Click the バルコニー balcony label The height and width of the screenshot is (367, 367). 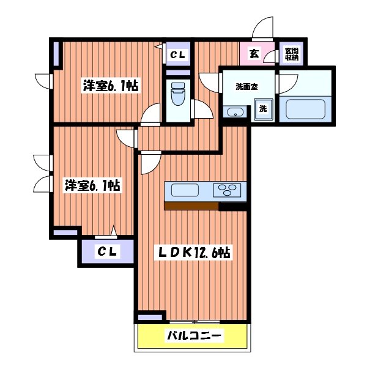click(x=193, y=336)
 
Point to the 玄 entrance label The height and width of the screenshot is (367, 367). click(x=253, y=54)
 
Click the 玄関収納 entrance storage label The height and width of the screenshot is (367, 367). click(x=291, y=54)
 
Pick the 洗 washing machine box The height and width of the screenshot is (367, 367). click(x=262, y=109)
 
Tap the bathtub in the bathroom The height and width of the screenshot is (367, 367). click(x=305, y=109)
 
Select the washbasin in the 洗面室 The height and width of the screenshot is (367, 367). click(x=235, y=112)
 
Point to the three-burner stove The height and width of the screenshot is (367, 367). click(x=228, y=190)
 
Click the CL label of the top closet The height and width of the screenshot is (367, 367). click(x=179, y=55)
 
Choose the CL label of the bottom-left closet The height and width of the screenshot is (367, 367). click(x=106, y=251)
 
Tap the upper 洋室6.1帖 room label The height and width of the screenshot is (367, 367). click(x=110, y=87)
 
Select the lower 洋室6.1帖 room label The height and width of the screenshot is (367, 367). click(x=92, y=185)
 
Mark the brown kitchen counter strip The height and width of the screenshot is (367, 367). click(x=191, y=206)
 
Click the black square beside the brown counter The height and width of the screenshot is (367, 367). click(x=232, y=206)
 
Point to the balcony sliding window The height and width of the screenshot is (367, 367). click(x=193, y=322)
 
